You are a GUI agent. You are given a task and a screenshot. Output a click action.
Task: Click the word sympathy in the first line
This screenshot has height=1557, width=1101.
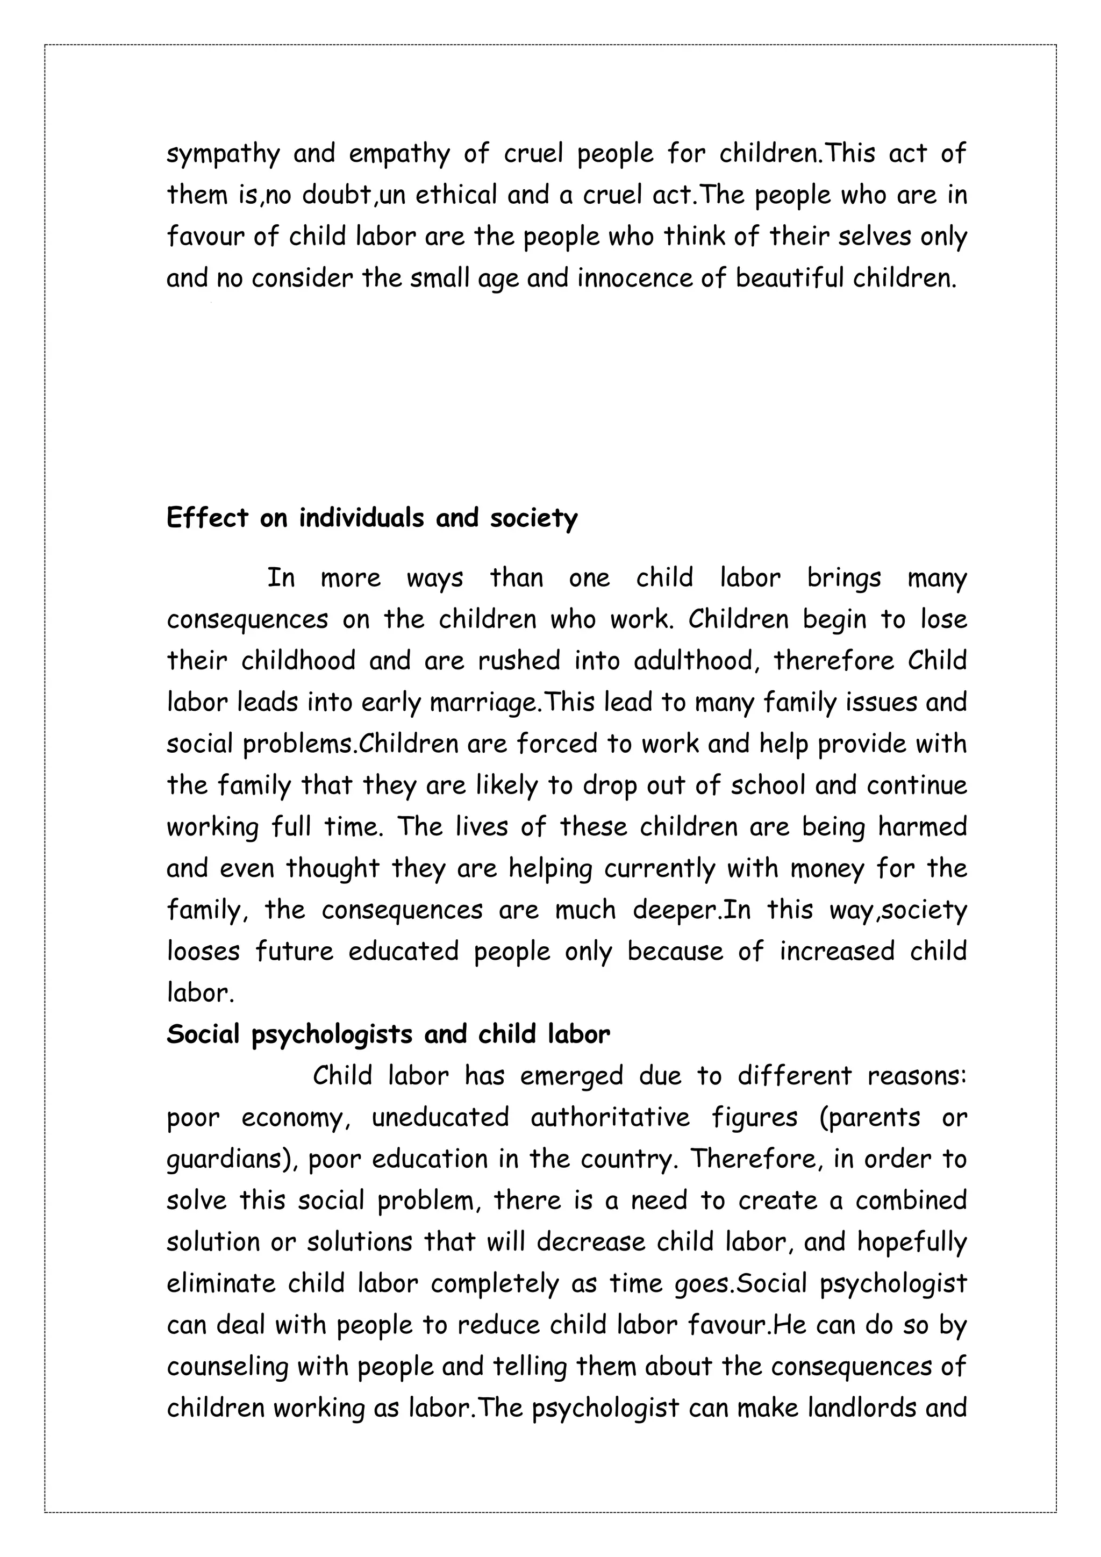(x=223, y=155)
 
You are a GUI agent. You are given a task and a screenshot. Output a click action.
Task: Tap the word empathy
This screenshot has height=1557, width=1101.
(x=399, y=155)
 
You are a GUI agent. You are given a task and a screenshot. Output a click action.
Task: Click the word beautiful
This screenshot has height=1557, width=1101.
(x=789, y=278)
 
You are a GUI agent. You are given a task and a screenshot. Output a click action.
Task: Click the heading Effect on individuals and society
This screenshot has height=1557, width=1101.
(x=371, y=518)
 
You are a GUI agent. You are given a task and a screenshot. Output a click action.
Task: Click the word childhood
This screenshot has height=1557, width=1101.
(x=298, y=661)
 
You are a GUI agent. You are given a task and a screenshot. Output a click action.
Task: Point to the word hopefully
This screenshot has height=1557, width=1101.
(x=911, y=1242)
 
